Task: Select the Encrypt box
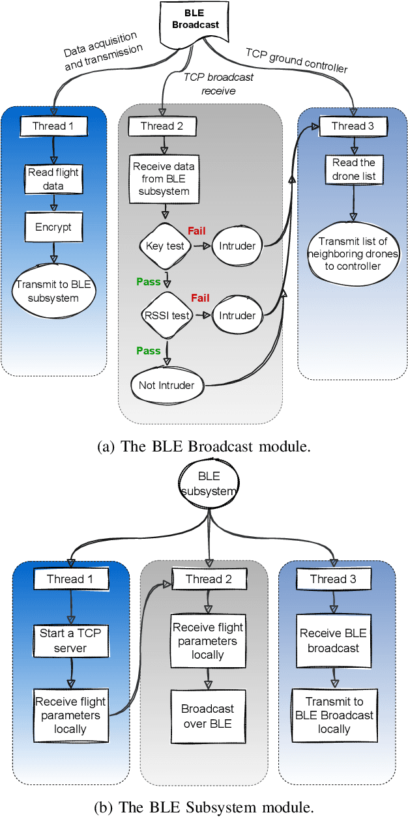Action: pos(54,229)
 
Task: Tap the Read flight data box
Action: pos(54,180)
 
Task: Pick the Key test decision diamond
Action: pos(164,246)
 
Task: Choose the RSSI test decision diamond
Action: pos(166,315)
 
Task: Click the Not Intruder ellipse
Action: pos(166,385)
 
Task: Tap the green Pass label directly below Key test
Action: pos(148,281)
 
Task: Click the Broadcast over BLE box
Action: pos(207,715)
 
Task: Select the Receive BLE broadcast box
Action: pos(334,640)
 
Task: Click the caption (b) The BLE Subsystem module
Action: pos(205,807)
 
